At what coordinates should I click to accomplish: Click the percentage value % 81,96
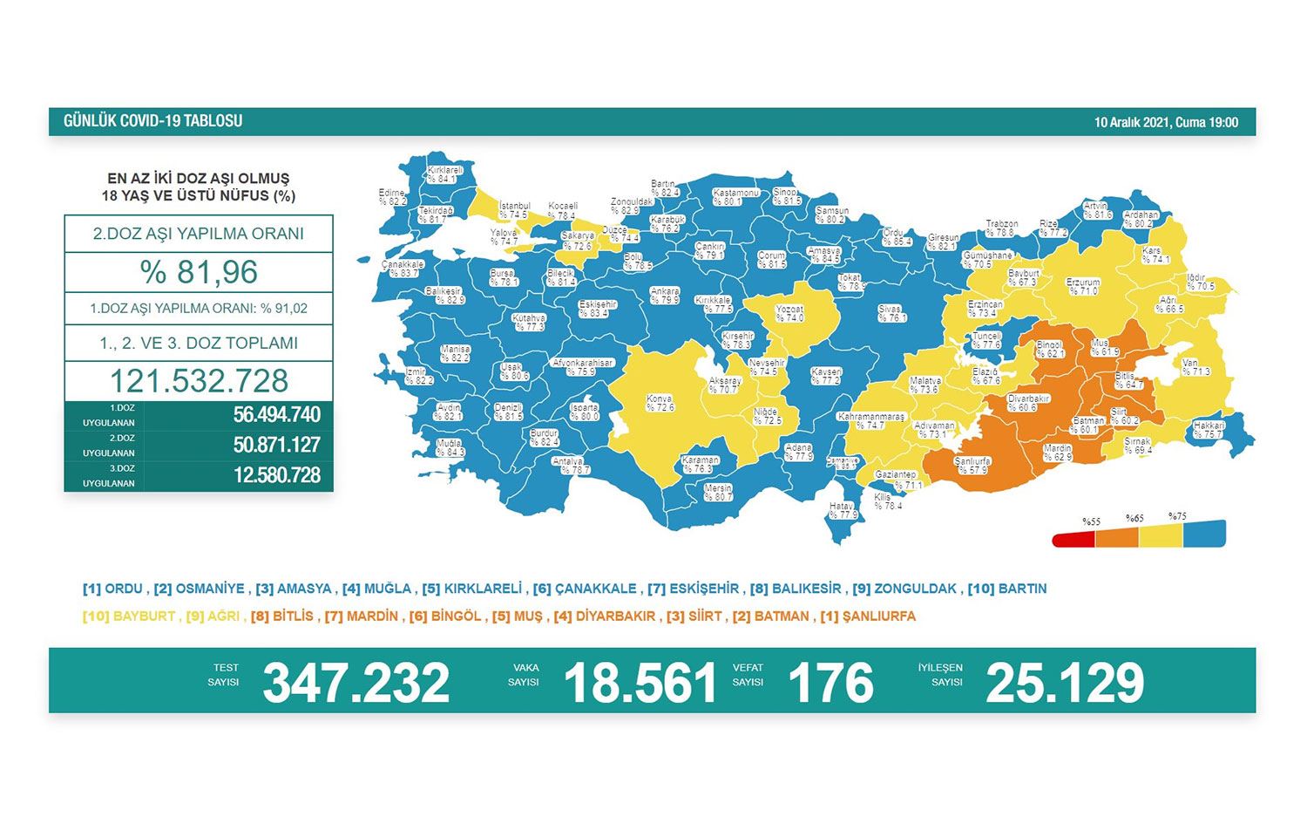tap(199, 272)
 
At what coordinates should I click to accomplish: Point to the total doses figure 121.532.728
tap(199, 381)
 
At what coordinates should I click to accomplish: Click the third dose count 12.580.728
tap(276, 475)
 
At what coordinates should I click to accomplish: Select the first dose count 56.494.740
tap(276, 415)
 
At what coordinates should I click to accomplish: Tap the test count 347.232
tap(356, 682)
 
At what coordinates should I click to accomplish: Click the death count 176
tap(830, 682)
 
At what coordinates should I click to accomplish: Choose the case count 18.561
tap(640, 682)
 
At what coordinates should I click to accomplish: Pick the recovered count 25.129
tap(1064, 682)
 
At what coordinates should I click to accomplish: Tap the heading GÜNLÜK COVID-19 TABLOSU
tap(152, 121)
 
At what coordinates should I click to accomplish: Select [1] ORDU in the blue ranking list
tap(115, 589)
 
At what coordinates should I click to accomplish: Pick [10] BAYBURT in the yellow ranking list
tap(131, 616)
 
